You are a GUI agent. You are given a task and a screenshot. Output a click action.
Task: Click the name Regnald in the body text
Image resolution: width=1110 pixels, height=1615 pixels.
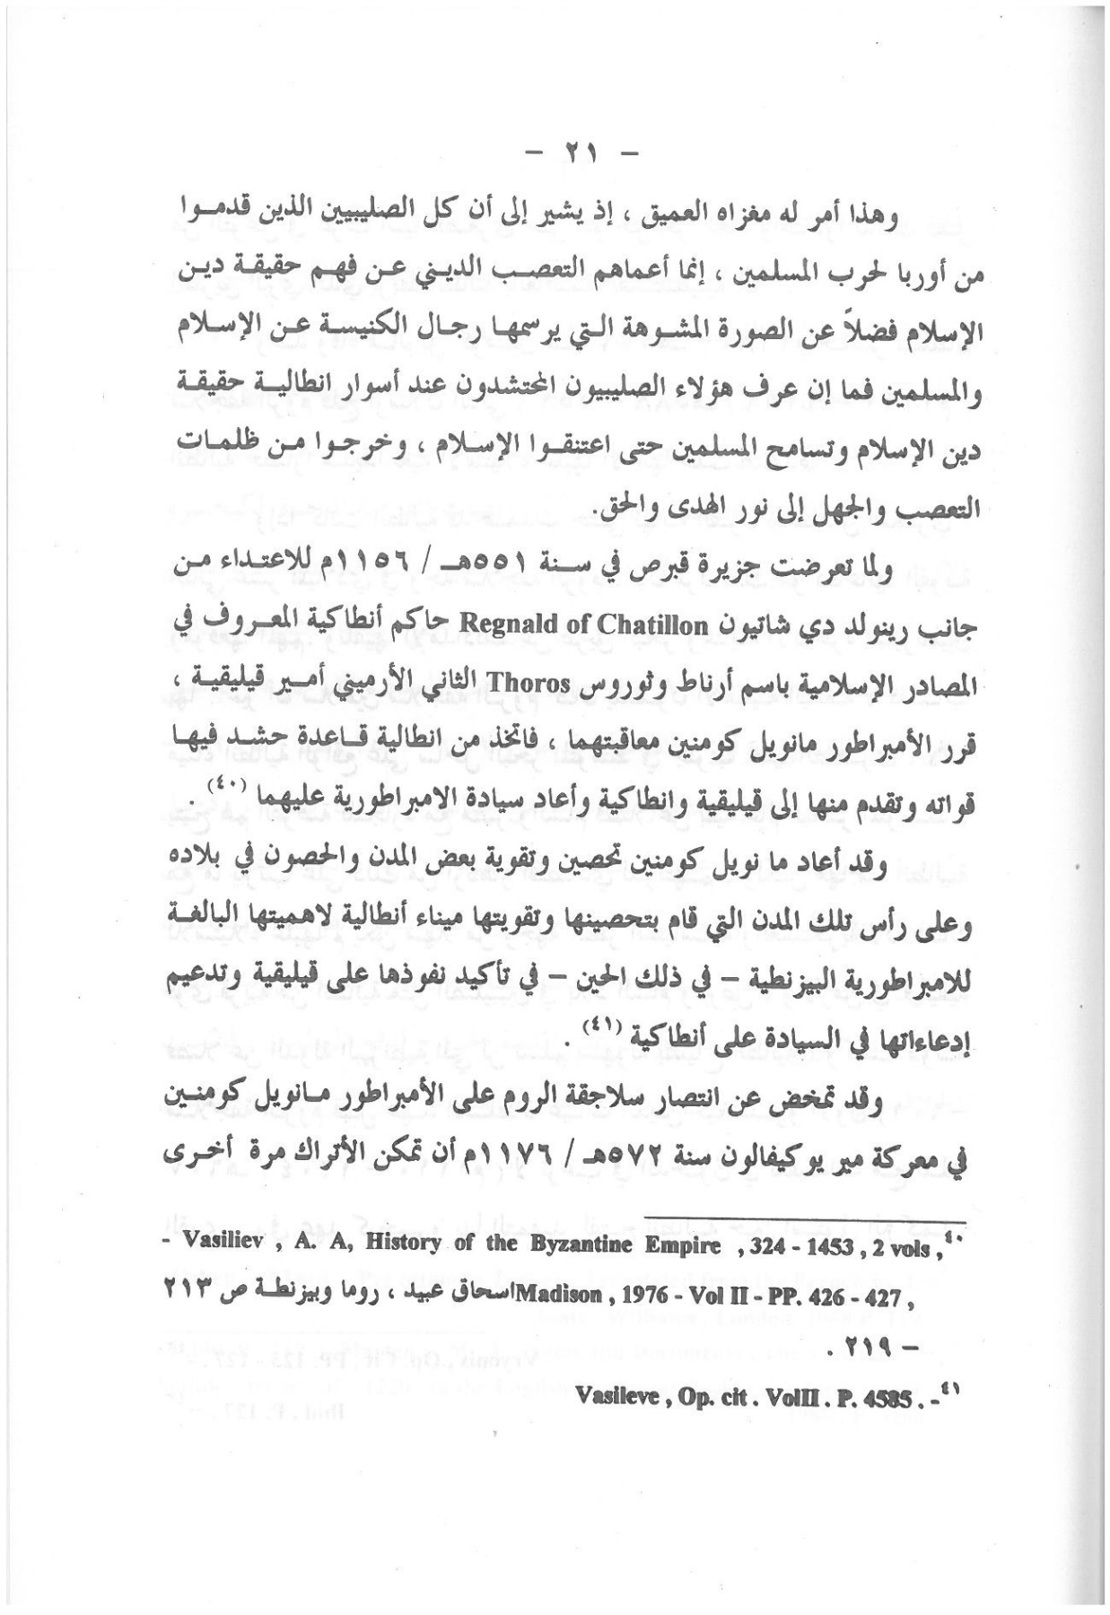(x=497, y=624)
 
